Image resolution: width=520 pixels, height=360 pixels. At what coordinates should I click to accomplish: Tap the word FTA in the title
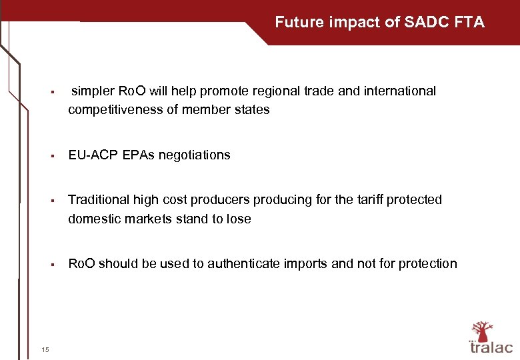click(469, 23)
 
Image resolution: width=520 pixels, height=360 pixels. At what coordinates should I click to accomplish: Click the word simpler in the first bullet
click(93, 91)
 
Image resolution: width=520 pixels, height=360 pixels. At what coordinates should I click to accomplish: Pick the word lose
click(238, 219)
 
